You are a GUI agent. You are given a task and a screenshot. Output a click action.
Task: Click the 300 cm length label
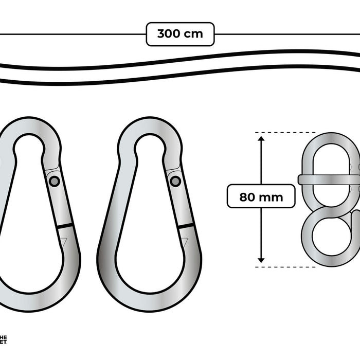pyautogui.click(x=180, y=34)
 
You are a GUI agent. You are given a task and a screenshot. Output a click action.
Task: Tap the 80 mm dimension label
pyautogui.click(x=261, y=196)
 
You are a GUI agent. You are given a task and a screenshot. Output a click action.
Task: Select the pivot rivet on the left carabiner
pyautogui.click(x=55, y=181)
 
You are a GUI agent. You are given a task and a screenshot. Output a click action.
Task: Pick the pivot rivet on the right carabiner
pyautogui.click(x=175, y=181)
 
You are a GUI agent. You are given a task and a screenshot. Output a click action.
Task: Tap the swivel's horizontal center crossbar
pyautogui.click(x=329, y=179)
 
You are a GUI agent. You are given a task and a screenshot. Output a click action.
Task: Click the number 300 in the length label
pyautogui.click(x=169, y=34)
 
